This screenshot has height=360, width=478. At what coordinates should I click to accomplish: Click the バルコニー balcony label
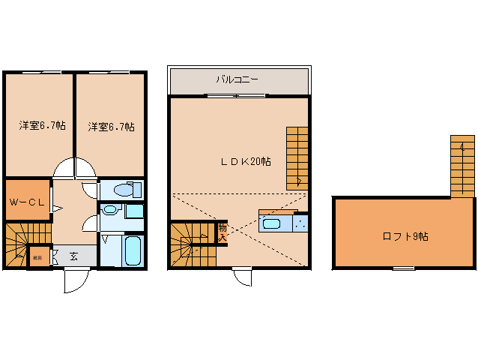pos(238,79)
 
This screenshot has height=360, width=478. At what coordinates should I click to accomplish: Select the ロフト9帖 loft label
pos(405,236)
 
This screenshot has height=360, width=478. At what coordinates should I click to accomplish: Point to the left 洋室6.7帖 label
pos(42,126)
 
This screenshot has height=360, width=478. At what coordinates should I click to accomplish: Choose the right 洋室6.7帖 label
pos(111,126)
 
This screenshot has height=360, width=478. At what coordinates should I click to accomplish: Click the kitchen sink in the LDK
pos(270,223)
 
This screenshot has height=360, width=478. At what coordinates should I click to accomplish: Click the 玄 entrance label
pos(74,256)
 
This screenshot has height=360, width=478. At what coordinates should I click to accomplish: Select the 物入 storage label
pos(222,232)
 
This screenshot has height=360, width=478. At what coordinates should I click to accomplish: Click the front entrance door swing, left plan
pos(76,281)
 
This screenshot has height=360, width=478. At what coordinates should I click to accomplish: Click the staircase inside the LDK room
pos(297,157)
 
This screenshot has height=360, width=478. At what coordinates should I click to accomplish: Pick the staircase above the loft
pos(462,166)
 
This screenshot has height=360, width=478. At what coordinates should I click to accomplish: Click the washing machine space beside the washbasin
pos(135,211)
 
